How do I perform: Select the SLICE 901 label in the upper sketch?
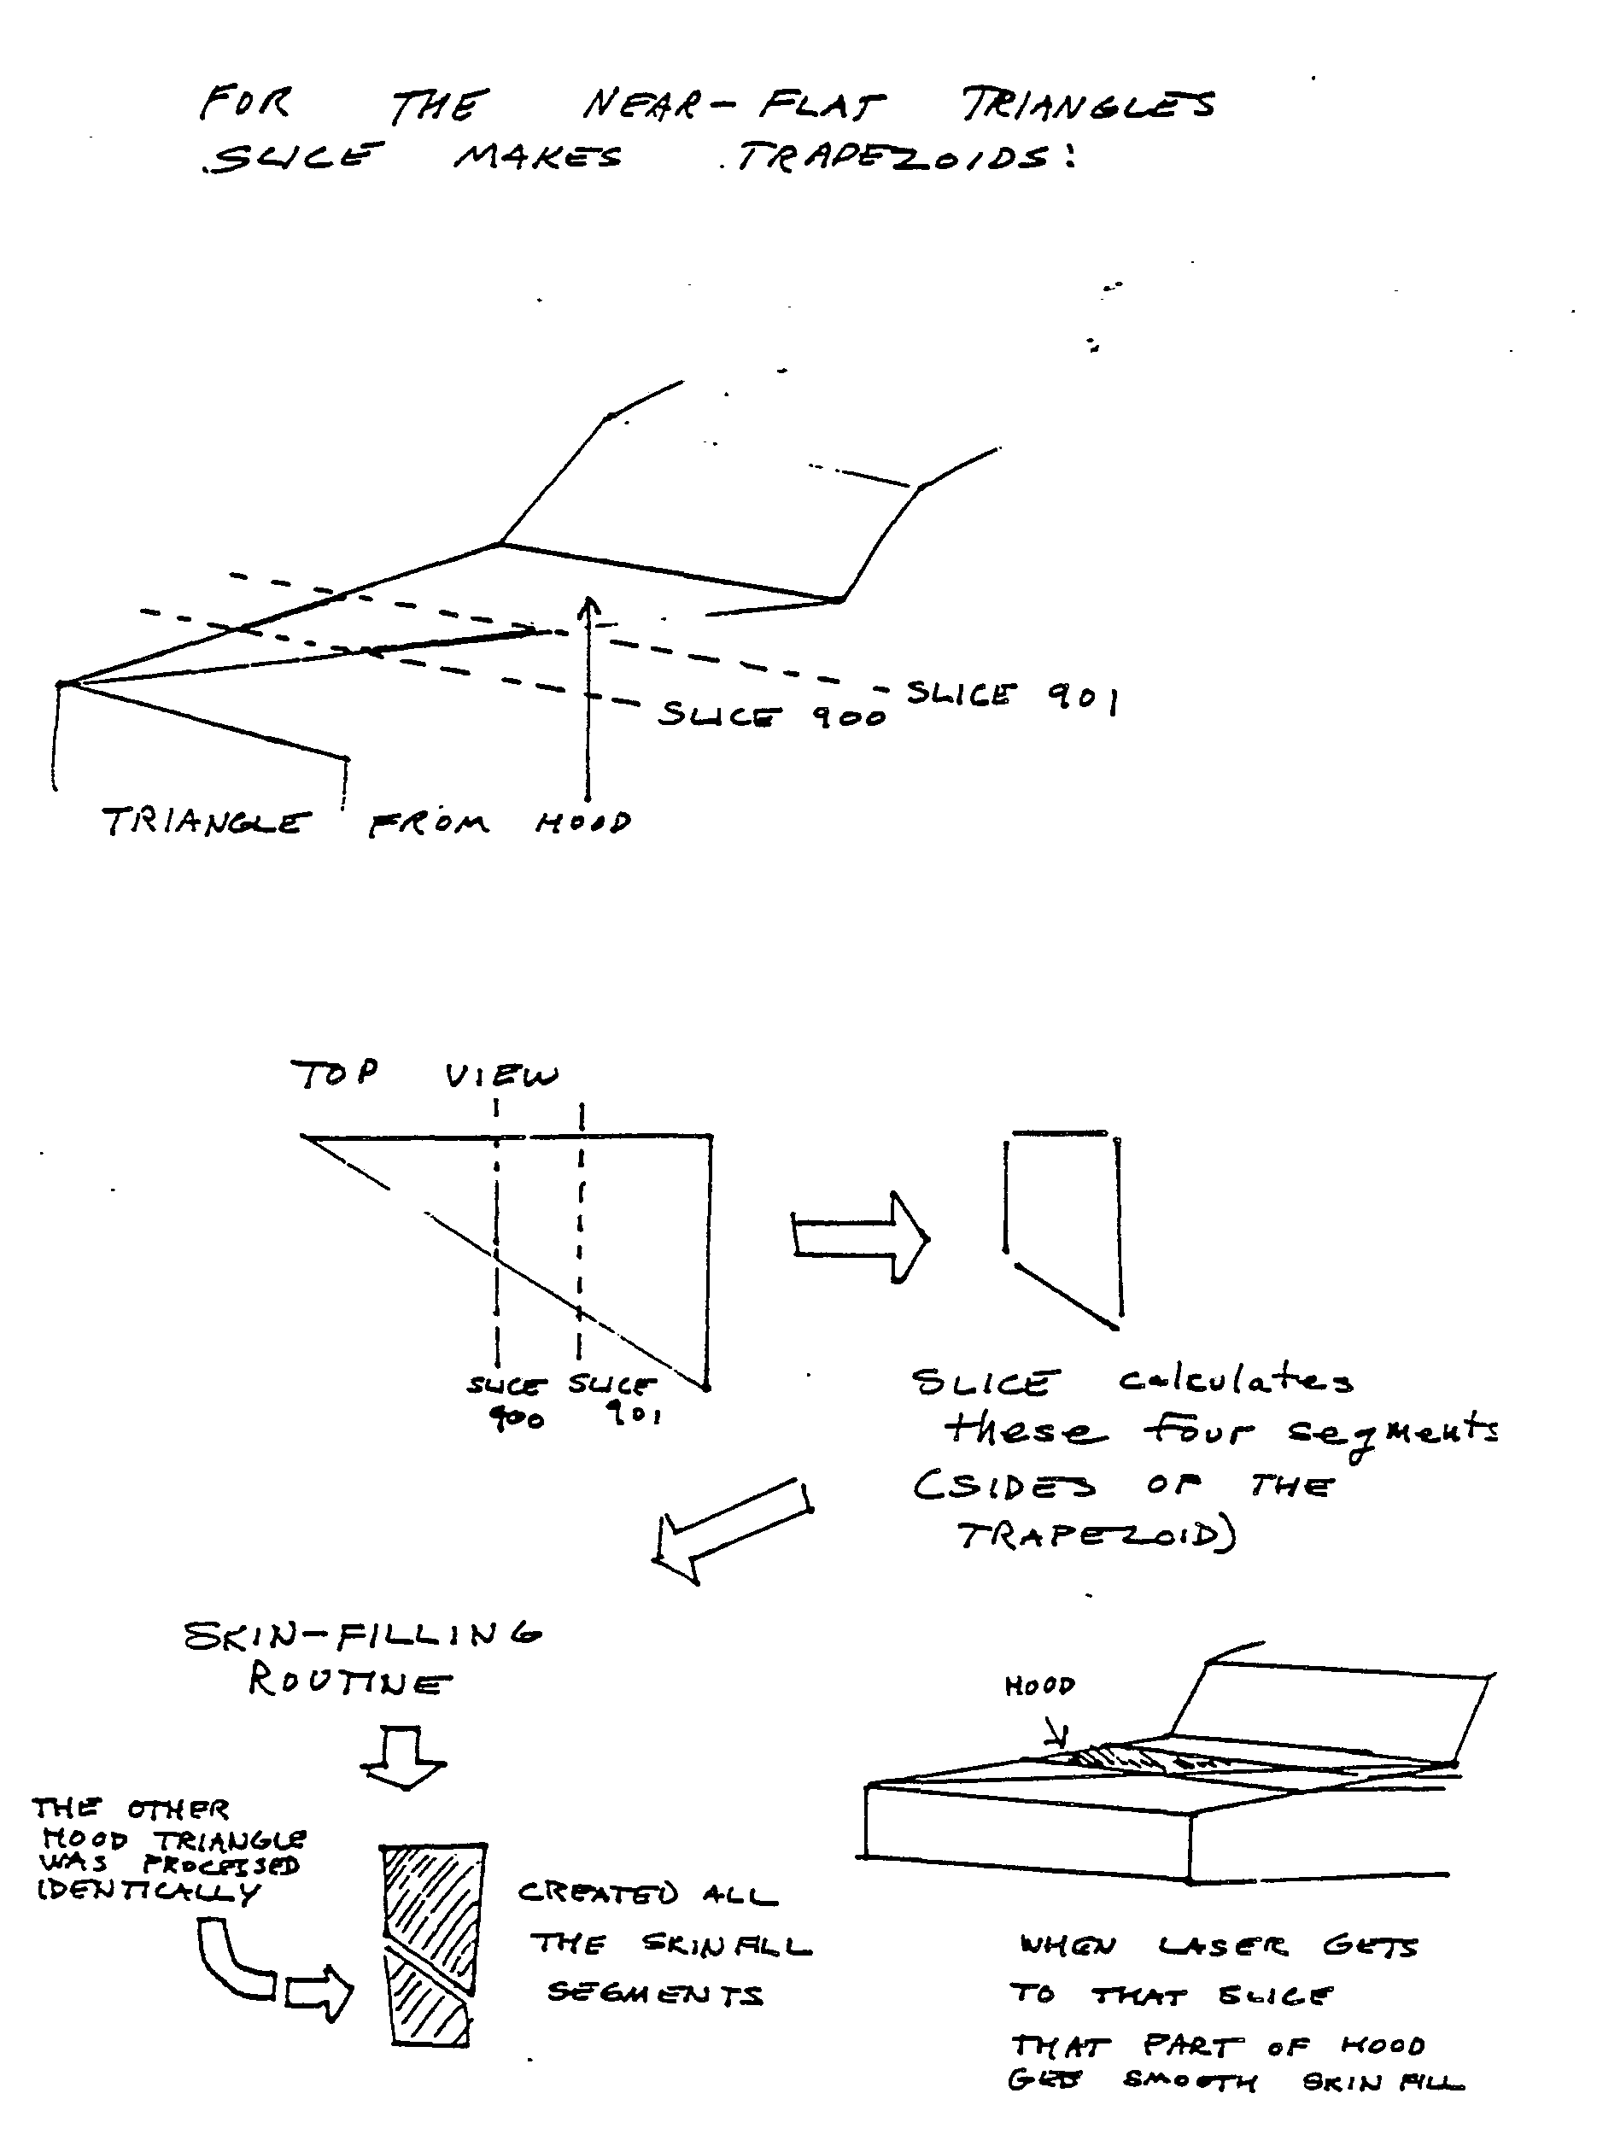(1011, 695)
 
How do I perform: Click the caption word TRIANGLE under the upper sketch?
(207, 822)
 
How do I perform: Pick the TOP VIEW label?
(424, 1074)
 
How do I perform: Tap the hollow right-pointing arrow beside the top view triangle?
(859, 1237)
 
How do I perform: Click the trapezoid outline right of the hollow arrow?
(1063, 1227)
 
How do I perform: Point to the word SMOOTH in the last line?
(1190, 2080)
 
